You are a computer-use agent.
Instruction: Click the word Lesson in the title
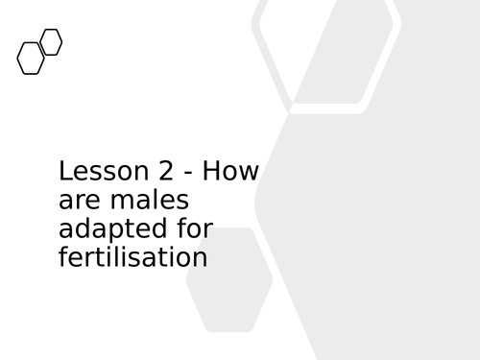tap(94, 172)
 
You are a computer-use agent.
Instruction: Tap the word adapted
tap(105, 231)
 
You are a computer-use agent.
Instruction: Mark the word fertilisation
tap(132, 258)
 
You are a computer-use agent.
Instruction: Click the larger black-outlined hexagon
tap(32, 59)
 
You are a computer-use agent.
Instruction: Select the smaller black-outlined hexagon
tap(52, 42)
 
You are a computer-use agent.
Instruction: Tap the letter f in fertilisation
tap(63, 257)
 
